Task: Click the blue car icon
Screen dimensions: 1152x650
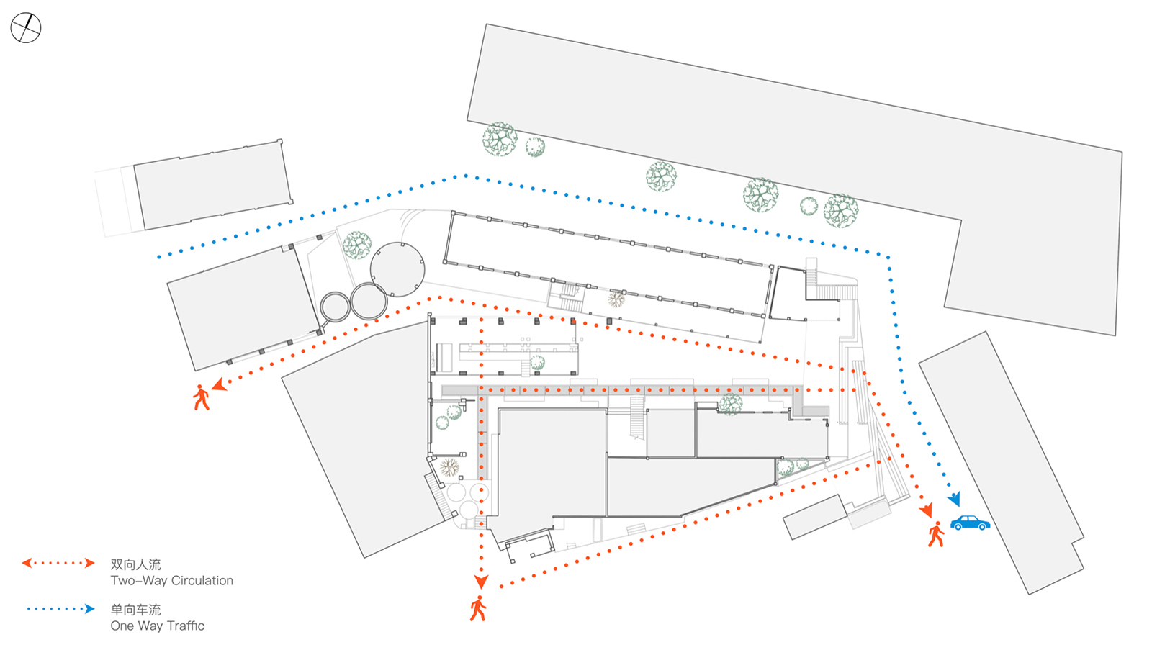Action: (970, 523)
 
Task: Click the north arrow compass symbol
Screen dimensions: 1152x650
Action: (26, 28)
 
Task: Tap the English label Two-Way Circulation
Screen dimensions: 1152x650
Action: (172, 581)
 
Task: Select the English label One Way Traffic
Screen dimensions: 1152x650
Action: (158, 626)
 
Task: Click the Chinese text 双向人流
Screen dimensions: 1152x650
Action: (136, 564)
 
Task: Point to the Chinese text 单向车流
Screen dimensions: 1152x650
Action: (136, 610)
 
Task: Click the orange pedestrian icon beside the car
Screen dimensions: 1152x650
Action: (936, 534)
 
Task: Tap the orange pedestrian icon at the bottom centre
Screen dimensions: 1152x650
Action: (478, 608)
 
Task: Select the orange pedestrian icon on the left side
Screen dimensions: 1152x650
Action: (201, 397)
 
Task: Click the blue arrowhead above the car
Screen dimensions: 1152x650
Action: (955, 498)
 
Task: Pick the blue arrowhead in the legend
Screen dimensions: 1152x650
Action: (89, 609)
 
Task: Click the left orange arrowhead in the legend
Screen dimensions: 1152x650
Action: (27, 563)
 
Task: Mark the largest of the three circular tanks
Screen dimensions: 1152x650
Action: (397, 269)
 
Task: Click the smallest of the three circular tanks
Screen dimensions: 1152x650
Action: (335, 307)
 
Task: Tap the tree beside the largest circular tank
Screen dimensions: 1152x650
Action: (357, 245)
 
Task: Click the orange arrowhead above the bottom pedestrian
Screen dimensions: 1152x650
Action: (481, 582)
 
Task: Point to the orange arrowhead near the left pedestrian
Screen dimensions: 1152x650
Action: (220, 384)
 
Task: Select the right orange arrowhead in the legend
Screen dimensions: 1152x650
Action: (89, 563)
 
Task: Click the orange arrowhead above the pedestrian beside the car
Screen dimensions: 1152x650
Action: (926, 510)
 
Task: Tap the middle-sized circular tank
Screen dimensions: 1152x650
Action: (369, 302)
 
